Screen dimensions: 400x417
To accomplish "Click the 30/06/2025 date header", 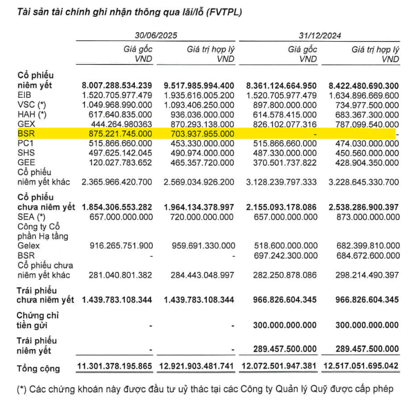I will click(156, 35).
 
